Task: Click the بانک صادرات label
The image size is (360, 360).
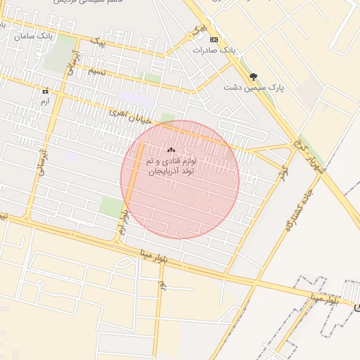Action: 217,51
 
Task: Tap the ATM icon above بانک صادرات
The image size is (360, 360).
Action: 214,39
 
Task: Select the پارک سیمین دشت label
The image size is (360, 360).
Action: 243,88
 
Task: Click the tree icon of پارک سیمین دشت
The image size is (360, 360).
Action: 253,77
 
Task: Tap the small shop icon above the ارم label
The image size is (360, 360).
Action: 45,91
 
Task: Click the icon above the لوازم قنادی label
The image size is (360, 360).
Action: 172,150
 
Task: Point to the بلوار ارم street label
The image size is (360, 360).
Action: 123,221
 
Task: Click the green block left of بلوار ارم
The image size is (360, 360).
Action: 110,207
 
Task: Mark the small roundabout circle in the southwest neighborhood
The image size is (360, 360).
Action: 40,283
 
